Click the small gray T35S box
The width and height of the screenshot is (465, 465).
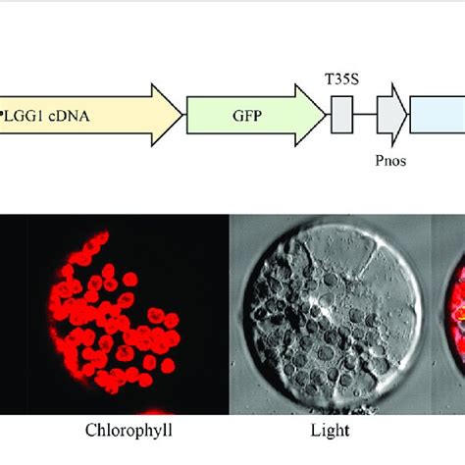pos(342,115)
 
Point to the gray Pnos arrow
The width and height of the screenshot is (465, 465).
pos(390,114)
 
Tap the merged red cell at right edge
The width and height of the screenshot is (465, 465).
pos(457,314)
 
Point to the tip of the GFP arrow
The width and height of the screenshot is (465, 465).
pos(323,114)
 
